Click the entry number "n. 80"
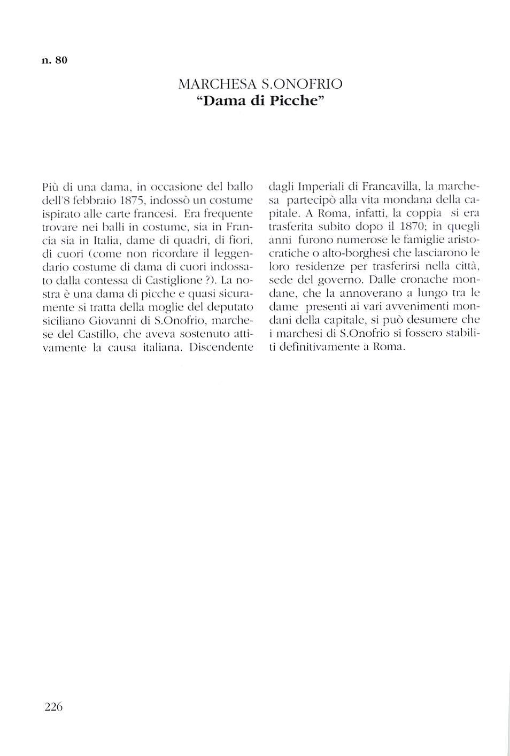click(x=55, y=60)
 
